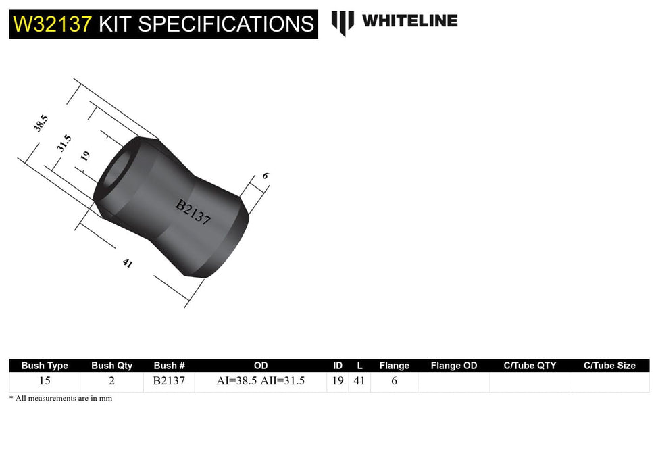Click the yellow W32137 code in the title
coord(52,24)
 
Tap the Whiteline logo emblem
coord(343,22)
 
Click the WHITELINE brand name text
coord(409,21)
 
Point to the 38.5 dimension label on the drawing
coord(42,124)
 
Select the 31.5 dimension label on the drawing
coord(64,143)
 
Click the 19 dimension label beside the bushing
coord(85,156)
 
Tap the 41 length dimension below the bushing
coord(127,264)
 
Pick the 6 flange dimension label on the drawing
coord(266,176)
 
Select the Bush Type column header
coord(45,366)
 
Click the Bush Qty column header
coord(111,366)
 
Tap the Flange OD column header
coord(453,366)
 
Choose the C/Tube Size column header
coord(609,366)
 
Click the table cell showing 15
coord(45,381)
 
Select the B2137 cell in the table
coord(169,381)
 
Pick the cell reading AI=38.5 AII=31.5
coord(260,381)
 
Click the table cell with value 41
coord(359,381)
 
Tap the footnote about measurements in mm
coord(61,399)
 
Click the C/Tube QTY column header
coord(530,366)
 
